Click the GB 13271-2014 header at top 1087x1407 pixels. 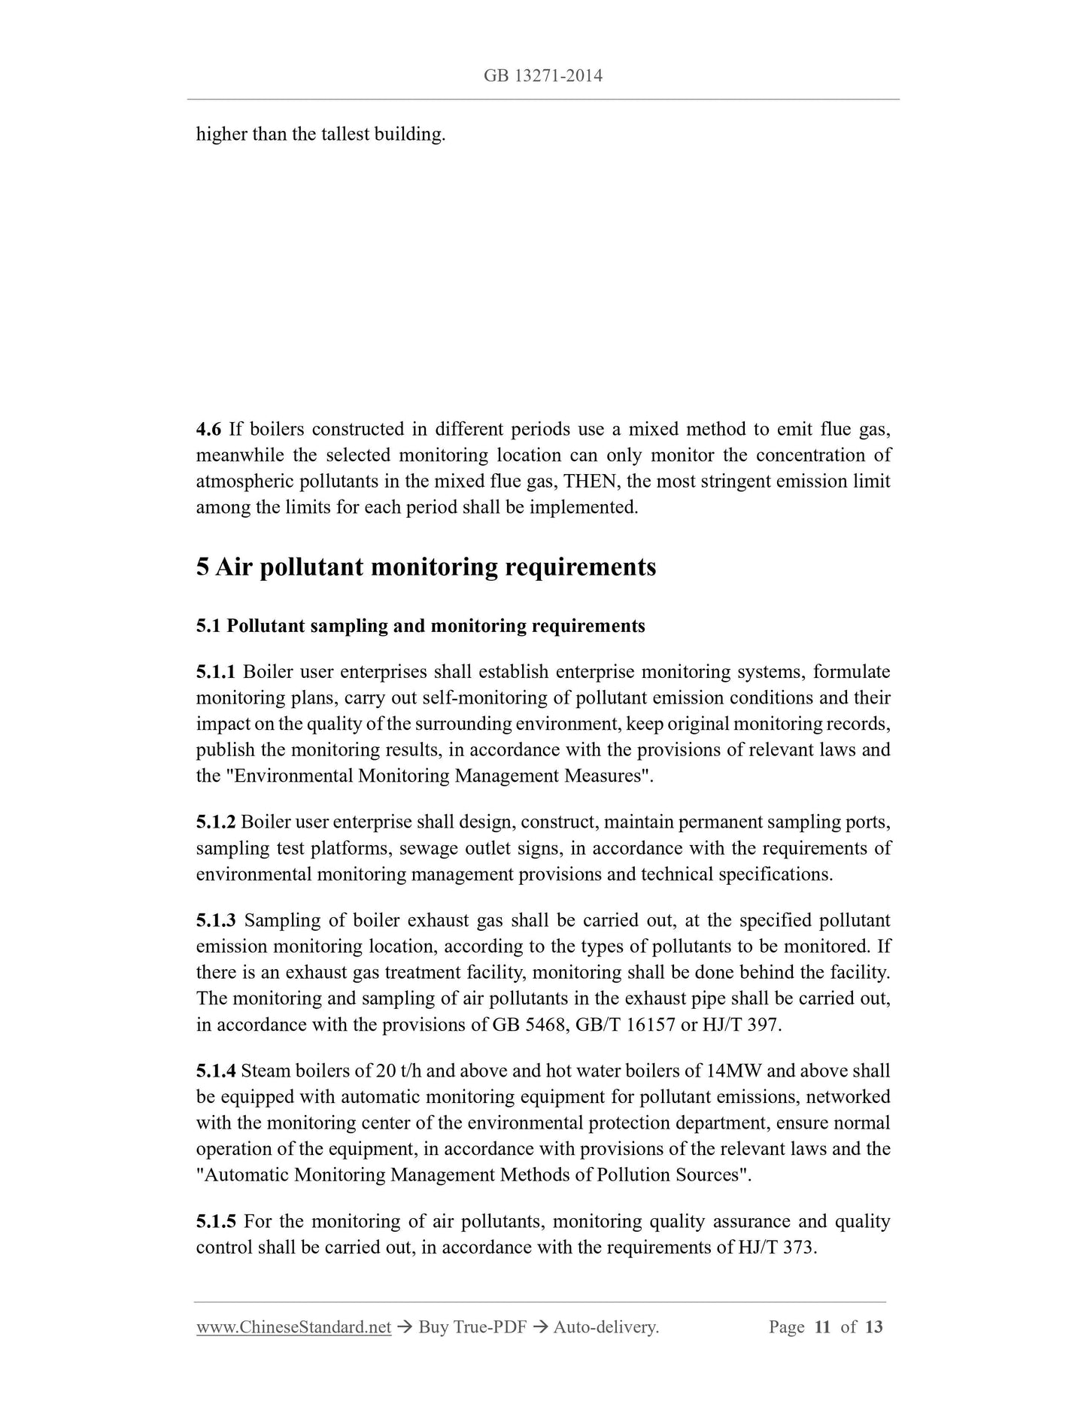tap(543, 76)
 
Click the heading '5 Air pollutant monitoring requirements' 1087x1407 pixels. tap(426, 567)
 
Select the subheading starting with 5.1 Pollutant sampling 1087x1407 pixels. tap(421, 626)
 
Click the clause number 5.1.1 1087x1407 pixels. tap(216, 672)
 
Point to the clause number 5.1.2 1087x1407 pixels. tap(216, 822)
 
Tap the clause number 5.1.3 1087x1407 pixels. tap(216, 921)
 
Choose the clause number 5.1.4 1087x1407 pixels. tap(216, 1071)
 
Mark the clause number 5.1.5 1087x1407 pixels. tap(216, 1222)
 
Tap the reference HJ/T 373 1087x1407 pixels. tap(776, 1248)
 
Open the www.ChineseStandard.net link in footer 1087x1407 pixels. tap(293, 1328)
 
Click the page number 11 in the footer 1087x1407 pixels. tap(822, 1328)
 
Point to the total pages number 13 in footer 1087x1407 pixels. tap(873, 1328)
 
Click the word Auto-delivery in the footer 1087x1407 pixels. tap(605, 1328)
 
